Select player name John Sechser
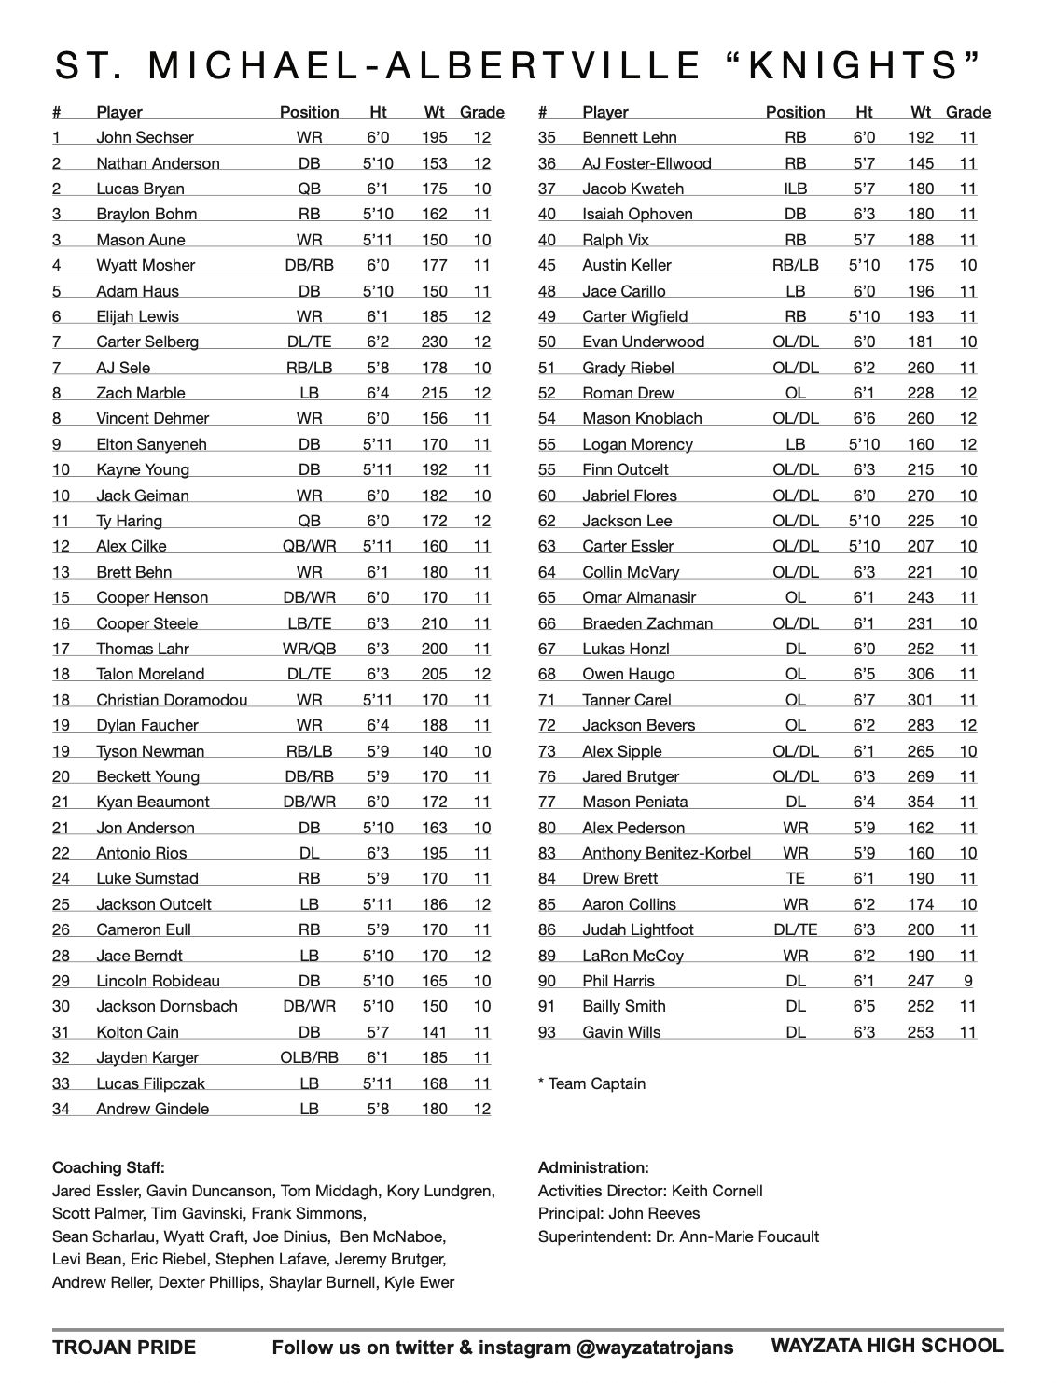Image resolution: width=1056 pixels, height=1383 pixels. [145, 137]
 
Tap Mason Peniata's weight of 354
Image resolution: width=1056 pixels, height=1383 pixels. [920, 802]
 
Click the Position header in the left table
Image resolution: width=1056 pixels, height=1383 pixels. [309, 112]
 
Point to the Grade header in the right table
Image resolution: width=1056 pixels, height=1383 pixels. [967, 112]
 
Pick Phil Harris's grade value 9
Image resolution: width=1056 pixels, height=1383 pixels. [967, 981]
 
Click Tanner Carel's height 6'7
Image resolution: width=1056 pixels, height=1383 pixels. [864, 700]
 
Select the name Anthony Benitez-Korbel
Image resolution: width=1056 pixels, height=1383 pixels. [666, 853]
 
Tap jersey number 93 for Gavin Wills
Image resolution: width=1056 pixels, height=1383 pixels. [547, 1032]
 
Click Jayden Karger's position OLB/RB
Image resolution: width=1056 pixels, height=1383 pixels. [309, 1057]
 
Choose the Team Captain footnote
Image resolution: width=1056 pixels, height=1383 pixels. [591, 1083]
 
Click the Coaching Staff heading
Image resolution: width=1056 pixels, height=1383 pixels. [108, 1167]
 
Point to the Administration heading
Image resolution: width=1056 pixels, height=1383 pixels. [593, 1167]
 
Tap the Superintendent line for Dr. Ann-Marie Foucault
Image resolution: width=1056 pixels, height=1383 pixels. [678, 1236]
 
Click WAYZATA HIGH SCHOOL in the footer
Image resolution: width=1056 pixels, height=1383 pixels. [886, 1346]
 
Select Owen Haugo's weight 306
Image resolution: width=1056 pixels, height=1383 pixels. [920, 674]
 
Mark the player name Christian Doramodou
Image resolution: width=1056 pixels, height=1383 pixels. [172, 700]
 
